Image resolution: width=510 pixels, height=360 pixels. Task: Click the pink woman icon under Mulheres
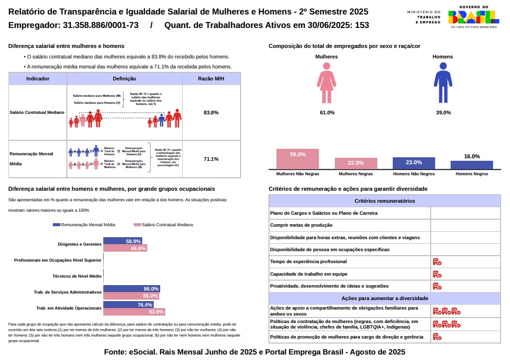(x=327, y=86)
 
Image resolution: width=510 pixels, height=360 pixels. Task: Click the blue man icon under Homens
(x=443, y=86)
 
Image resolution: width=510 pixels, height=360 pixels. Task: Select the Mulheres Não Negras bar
(x=297, y=159)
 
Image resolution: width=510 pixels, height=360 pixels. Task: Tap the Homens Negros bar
(x=472, y=165)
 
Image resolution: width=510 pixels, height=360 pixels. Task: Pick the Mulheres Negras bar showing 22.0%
(x=356, y=164)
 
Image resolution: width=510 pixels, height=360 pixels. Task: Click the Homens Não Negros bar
(x=414, y=163)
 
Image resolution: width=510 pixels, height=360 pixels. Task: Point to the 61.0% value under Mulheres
(x=327, y=113)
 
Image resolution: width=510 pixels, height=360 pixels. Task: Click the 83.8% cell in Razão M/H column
(x=211, y=112)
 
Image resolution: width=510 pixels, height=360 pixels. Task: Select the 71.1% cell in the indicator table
(x=211, y=159)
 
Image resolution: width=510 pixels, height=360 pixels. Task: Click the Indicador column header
(x=37, y=79)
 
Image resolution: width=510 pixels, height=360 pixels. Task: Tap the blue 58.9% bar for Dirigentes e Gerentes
(x=123, y=241)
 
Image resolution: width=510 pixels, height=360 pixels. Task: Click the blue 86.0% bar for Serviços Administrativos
(x=131, y=289)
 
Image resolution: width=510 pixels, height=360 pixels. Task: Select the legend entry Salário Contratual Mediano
(x=164, y=225)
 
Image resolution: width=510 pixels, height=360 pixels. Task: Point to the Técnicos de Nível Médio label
(x=77, y=276)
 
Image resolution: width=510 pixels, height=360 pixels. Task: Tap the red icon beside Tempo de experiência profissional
(x=437, y=262)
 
